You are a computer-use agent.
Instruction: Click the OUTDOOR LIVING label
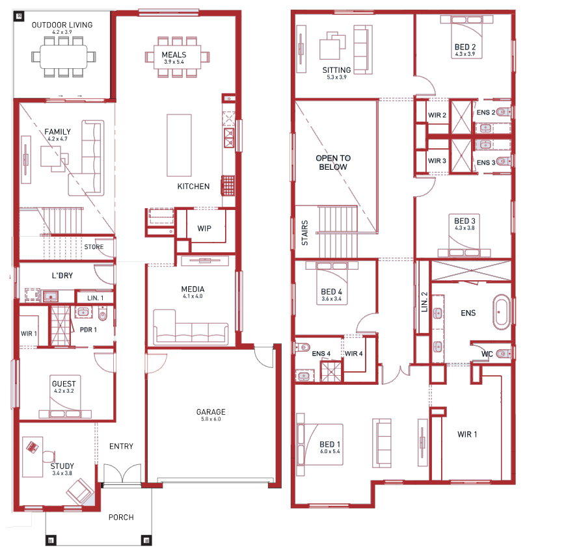(62, 25)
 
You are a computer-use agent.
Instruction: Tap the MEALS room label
(174, 55)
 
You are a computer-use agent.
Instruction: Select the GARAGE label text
(211, 412)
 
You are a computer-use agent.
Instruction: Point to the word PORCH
(121, 518)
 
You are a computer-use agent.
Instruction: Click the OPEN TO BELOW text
(333, 163)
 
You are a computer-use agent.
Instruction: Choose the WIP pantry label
(204, 228)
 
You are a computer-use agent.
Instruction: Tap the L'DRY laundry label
(62, 276)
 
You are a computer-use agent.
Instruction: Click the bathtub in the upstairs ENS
(501, 312)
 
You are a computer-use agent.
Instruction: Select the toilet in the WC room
(503, 354)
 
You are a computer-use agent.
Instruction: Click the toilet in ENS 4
(303, 347)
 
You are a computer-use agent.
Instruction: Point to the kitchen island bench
(179, 146)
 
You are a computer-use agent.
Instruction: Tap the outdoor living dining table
(64, 57)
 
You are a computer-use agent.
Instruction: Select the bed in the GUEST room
(65, 397)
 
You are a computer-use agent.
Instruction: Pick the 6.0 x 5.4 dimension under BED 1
(330, 451)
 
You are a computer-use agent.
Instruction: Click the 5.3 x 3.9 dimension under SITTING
(336, 77)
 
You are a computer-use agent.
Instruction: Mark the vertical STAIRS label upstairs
(304, 233)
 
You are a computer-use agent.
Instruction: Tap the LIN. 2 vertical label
(424, 302)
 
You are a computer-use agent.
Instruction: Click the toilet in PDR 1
(102, 313)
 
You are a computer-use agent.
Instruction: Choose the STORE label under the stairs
(94, 247)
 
